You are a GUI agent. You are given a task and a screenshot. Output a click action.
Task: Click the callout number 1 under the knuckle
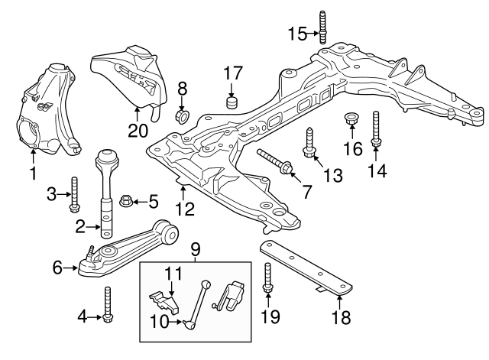tap(33, 174)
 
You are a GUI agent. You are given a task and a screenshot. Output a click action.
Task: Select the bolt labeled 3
tap(74, 194)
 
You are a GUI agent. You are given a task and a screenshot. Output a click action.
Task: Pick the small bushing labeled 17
tap(232, 101)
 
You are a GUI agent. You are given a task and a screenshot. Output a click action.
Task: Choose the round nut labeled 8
tap(183, 115)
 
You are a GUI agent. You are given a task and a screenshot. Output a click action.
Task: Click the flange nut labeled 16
tap(352, 120)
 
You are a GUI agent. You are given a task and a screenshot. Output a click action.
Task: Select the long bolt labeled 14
tap(376, 128)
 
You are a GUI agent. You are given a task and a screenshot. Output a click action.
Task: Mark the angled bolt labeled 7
tap(274, 162)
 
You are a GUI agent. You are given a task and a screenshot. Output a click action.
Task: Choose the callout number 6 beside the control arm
tap(57, 267)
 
